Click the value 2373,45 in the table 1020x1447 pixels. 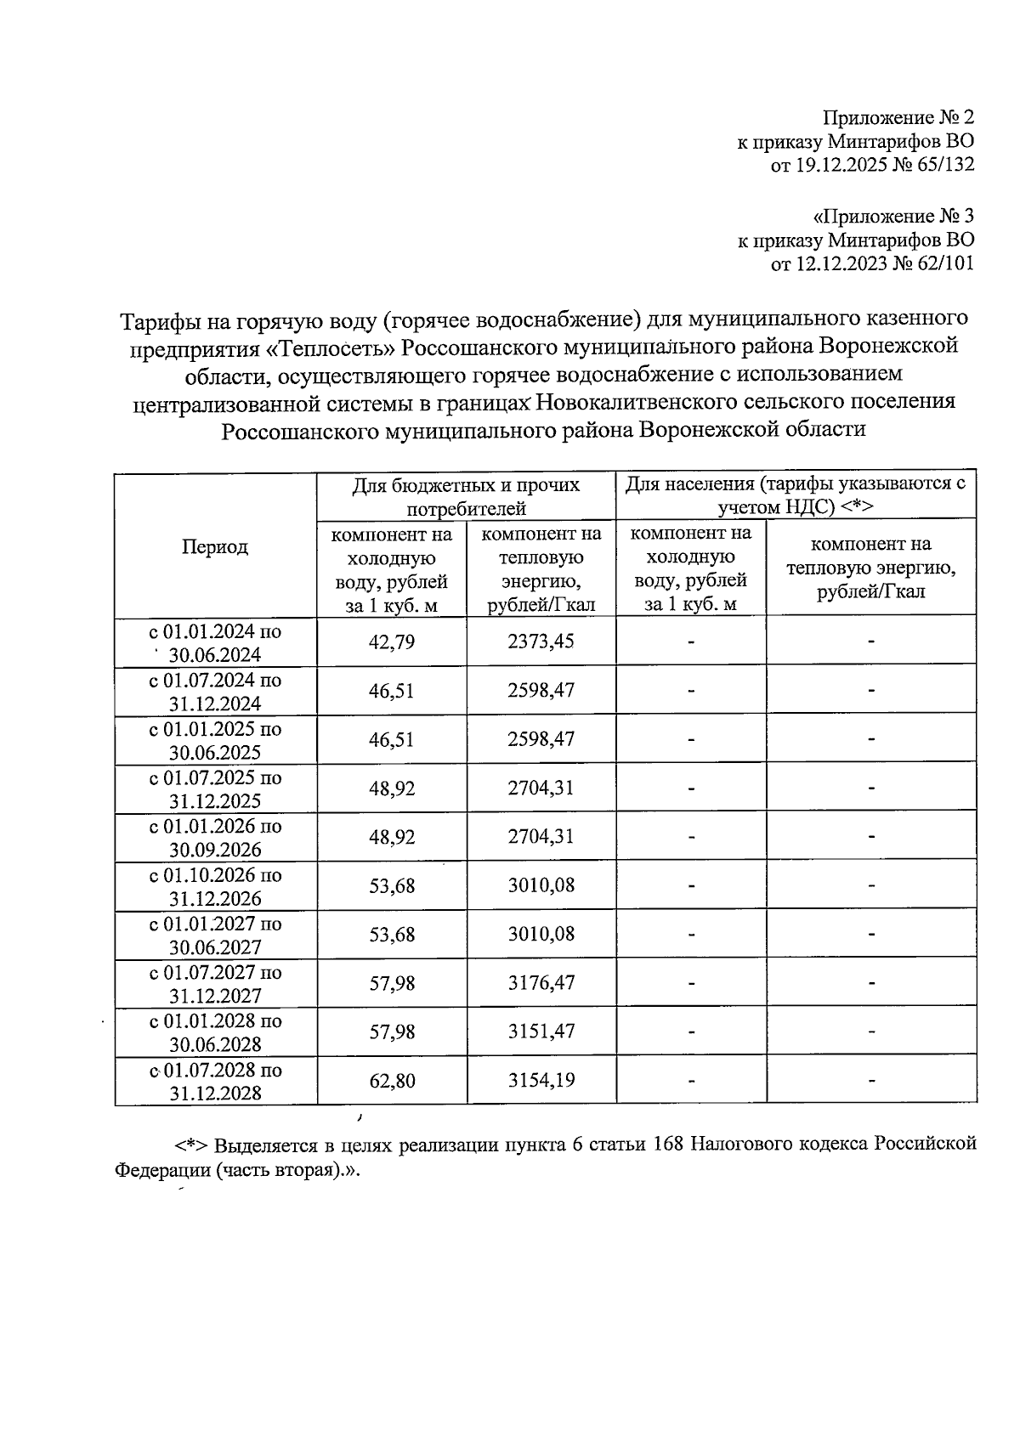click(x=541, y=642)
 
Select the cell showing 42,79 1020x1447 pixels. click(x=392, y=642)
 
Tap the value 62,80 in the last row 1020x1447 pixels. click(x=392, y=1081)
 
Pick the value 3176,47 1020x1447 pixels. click(x=541, y=983)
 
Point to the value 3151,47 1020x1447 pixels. click(x=541, y=1032)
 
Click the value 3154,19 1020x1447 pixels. click(x=541, y=1081)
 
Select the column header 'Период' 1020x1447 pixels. click(x=215, y=546)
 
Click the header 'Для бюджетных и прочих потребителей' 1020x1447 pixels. click(x=466, y=496)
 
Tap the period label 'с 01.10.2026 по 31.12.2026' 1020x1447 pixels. click(x=215, y=886)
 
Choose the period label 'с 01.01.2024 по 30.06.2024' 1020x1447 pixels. click(x=215, y=643)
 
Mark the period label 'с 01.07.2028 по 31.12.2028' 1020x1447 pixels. click(x=215, y=1081)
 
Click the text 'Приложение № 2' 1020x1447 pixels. click(x=898, y=117)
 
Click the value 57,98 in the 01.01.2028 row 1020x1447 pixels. click(x=392, y=1032)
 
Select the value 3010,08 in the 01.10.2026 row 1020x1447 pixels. click(x=541, y=885)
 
